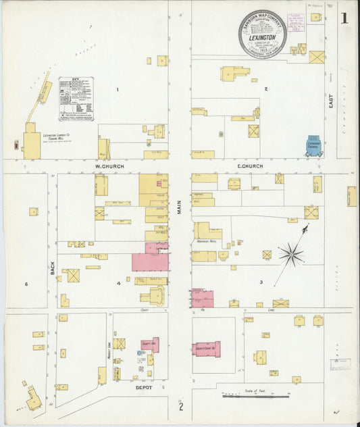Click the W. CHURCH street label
tap(107, 166)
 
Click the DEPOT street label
tap(143, 388)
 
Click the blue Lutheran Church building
tap(314, 145)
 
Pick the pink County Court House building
tap(206, 348)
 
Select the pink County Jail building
tap(150, 345)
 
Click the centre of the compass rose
tap(290, 255)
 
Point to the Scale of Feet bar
tap(257, 396)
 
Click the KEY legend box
tap(76, 98)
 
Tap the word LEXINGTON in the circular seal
tap(262, 39)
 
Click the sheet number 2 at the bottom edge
tap(180, 406)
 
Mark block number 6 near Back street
tap(26, 284)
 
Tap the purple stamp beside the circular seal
tap(296, 22)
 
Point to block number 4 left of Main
tap(118, 283)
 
